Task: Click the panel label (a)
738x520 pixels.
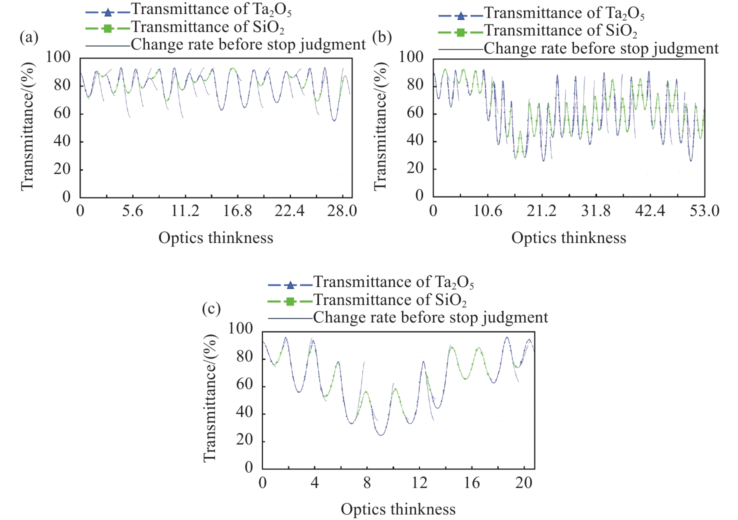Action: [x=28, y=37]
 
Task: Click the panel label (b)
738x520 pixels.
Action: [x=382, y=37]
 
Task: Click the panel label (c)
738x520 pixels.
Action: [x=211, y=309]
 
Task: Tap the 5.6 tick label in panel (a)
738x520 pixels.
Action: [x=132, y=211]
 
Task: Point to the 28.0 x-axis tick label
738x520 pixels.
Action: [x=342, y=211]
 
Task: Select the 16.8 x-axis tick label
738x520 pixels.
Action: [x=237, y=211]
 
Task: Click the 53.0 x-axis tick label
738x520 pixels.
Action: [x=704, y=211]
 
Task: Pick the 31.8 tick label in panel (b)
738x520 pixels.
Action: [x=595, y=211]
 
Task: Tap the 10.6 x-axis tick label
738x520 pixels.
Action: [x=487, y=211]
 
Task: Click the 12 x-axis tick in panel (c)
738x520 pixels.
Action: [x=419, y=483]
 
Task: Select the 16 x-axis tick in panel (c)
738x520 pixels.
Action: [x=471, y=483]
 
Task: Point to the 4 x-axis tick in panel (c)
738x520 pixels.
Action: [x=314, y=483]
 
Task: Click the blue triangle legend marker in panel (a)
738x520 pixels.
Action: [x=107, y=11]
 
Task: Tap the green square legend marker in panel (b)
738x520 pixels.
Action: [x=460, y=33]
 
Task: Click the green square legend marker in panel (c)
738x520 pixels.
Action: [x=290, y=301]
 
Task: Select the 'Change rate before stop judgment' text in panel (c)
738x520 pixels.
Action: [x=430, y=318]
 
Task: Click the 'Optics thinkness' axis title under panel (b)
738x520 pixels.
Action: [x=568, y=238]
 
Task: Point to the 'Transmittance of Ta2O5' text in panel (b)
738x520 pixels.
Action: [x=564, y=13]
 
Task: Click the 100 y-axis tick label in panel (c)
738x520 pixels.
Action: [x=240, y=328]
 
